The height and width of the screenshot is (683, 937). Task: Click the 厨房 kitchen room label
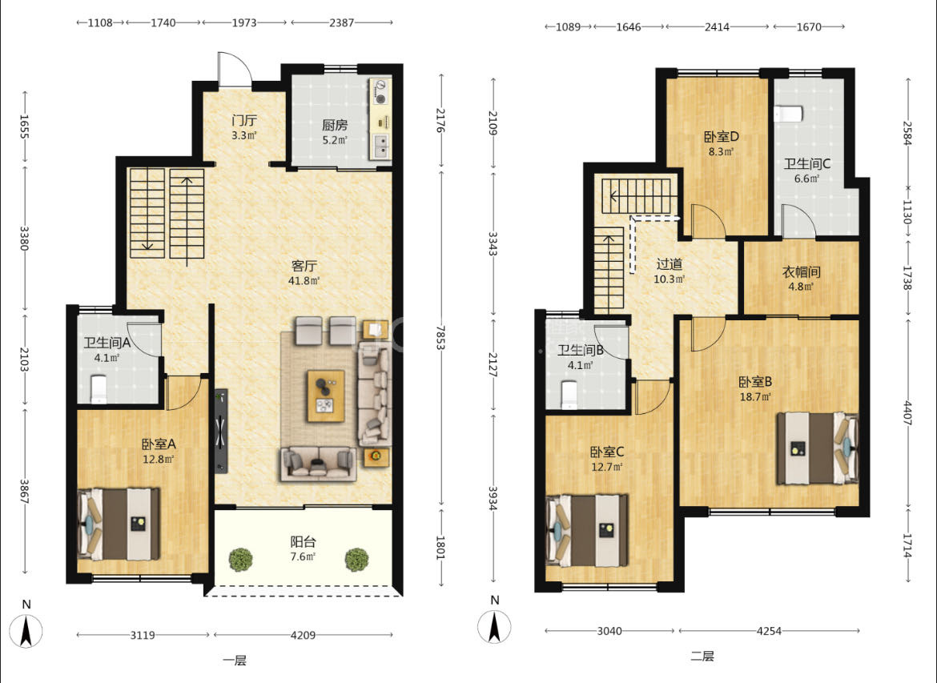[x=335, y=125]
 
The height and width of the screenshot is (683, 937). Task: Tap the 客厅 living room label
[x=304, y=265]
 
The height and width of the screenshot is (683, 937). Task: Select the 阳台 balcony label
[x=303, y=541]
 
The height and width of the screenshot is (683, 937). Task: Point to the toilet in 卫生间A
[x=98, y=388]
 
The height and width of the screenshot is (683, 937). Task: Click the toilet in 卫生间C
[x=788, y=114]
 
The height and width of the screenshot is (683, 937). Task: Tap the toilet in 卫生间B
[x=569, y=395]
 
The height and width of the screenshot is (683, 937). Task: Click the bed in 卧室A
[x=119, y=524]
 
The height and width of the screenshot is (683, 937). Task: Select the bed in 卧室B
[x=818, y=448]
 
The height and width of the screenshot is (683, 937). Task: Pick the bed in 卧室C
[x=587, y=530]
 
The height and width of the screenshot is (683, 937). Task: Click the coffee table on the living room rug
[x=326, y=396]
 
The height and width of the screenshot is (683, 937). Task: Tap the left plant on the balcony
[x=241, y=560]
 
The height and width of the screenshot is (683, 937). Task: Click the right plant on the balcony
[x=356, y=560]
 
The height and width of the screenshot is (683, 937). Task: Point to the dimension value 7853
[x=441, y=338]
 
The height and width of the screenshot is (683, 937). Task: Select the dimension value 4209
[x=303, y=635]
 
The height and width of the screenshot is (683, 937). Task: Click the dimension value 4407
[x=907, y=413]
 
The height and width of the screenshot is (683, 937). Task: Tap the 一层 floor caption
[x=235, y=661]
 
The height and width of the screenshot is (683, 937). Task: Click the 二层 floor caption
[x=703, y=656]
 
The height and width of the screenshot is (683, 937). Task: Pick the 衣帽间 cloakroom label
[x=802, y=272]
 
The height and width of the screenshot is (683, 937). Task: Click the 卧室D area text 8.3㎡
[x=722, y=152]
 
